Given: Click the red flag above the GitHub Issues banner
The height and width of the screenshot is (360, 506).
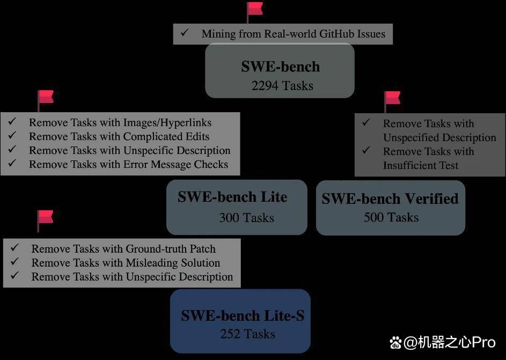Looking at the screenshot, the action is (x=255, y=12).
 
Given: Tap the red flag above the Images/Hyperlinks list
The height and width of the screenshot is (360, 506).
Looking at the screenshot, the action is (x=46, y=101).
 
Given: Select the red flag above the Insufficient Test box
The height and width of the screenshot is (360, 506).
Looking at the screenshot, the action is (x=392, y=101).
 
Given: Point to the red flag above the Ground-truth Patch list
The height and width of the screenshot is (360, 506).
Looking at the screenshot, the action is (x=45, y=221).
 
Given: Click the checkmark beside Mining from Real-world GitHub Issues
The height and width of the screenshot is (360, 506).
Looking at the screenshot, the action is (x=185, y=33).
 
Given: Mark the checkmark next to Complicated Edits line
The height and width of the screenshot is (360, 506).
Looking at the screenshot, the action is (x=12, y=136).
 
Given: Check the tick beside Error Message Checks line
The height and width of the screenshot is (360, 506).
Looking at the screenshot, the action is (x=12, y=163).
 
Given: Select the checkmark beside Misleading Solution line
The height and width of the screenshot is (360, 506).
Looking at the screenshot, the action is (x=14, y=262).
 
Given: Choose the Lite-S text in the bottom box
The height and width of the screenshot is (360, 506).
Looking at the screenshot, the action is (x=284, y=316).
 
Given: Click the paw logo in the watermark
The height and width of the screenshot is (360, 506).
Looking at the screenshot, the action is (x=395, y=343).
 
